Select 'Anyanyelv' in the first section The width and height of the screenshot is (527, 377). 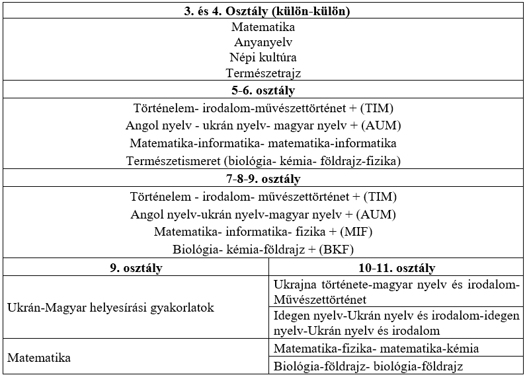[263, 42]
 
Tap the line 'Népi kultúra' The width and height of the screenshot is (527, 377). [263, 57]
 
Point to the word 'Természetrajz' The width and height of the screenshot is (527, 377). [263, 73]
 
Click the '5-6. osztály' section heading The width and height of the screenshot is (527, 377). [263, 90]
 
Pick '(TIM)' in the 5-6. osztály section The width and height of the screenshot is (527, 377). [384, 108]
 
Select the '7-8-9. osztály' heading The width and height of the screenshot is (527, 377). [263, 179]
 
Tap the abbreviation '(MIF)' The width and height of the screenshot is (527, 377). [354, 232]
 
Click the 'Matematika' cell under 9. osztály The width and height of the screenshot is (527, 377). [39, 358]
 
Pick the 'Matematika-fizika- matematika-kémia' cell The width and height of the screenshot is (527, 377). [376, 349]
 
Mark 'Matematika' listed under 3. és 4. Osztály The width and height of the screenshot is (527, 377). [263, 28]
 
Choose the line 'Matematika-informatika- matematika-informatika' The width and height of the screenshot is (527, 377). [263, 143]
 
